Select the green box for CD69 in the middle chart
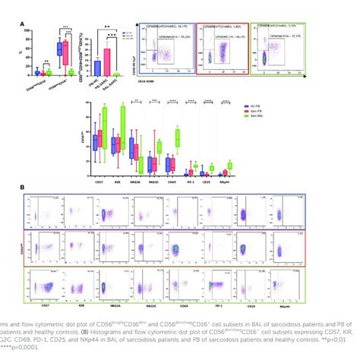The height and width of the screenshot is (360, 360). [x=178, y=137]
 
